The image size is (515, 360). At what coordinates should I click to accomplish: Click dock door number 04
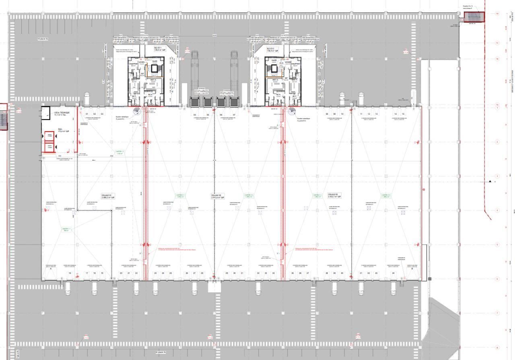coord(195,115)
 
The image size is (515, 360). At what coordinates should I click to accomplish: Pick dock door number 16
coord(70,273)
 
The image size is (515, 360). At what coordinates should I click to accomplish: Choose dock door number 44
coord(393,273)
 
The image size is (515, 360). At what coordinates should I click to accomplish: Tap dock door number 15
coord(403,114)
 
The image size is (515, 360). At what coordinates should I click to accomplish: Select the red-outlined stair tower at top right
coord(474,17)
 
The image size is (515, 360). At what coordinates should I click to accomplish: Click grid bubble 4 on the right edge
coord(497,210)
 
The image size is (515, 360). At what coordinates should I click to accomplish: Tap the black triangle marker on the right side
coord(490,181)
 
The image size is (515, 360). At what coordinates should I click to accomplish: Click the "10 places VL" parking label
coord(42,39)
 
